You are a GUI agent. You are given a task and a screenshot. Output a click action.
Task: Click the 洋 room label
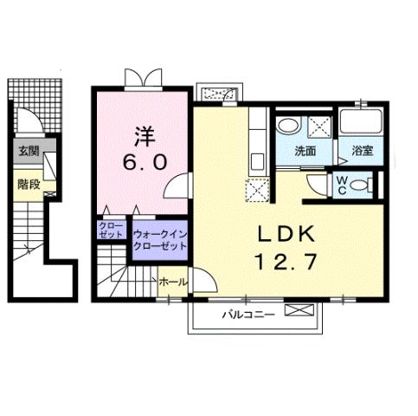tap(145, 135)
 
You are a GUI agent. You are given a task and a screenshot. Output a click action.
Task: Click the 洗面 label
tap(305, 151)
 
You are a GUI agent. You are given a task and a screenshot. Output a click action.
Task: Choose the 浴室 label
tap(362, 151)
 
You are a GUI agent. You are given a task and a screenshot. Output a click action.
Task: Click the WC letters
tap(343, 184)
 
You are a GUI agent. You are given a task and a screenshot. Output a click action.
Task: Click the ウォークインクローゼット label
tap(160, 239)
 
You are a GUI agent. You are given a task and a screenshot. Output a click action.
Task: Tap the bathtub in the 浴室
tap(362, 124)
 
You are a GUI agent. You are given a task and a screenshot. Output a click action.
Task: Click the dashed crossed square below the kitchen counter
tap(258, 188)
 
